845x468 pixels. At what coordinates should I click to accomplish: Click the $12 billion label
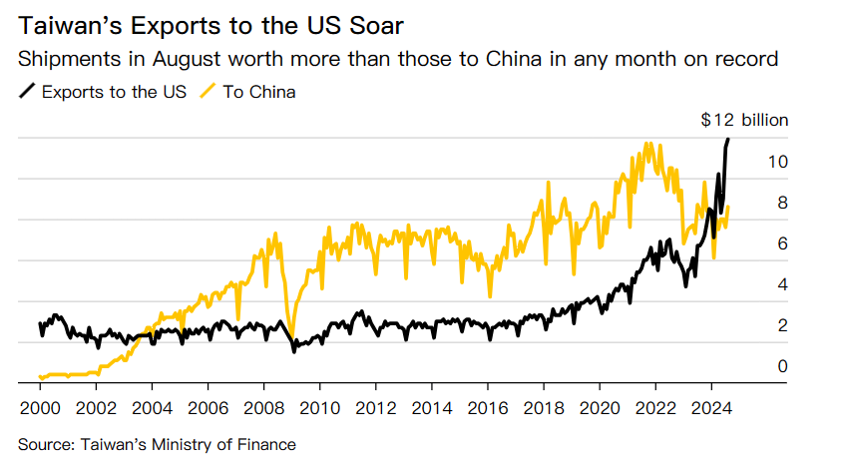744,120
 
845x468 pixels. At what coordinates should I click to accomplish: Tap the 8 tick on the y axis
783,203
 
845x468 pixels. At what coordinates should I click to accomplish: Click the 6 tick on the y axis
783,243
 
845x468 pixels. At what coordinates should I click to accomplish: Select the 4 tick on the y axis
783,284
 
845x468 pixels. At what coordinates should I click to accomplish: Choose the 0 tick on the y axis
783,366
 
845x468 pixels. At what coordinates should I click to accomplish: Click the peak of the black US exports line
728,139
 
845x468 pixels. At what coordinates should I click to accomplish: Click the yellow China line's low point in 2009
290,337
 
